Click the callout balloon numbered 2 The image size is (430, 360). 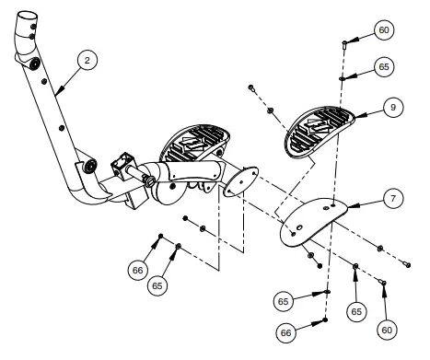coord(87,61)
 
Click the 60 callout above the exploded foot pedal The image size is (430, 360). coord(384,31)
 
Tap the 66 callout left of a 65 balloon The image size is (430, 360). coord(136,269)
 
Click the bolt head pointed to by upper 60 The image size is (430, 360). coord(343,42)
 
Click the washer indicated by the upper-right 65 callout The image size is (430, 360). coord(343,78)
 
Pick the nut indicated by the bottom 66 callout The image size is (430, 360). coord(328,321)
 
